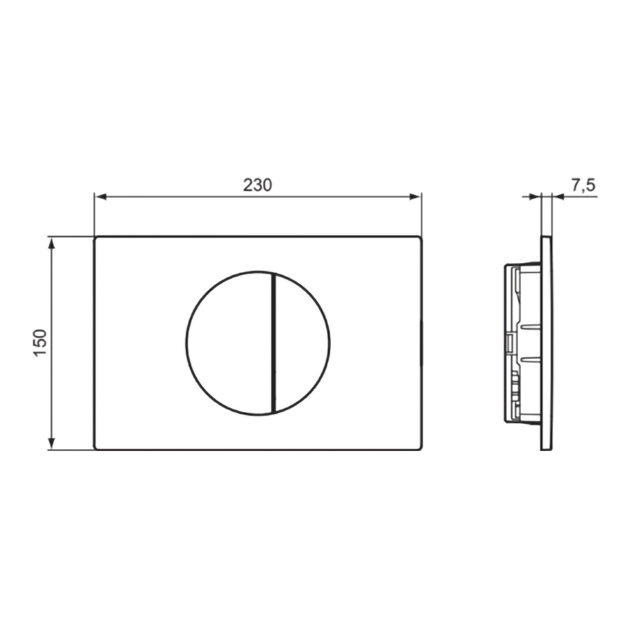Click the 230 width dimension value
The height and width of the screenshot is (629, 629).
click(x=257, y=185)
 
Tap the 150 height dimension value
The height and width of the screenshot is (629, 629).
click(x=40, y=343)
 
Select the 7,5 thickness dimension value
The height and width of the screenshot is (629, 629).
click(x=583, y=186)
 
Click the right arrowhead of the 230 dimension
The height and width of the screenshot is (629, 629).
click(x=415, y=196)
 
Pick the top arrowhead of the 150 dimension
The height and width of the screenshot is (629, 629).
click(x=51, y=243)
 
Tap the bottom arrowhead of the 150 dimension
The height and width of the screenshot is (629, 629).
click(x=51, y=443)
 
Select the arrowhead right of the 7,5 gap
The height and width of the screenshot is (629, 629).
click(x=558, y=196)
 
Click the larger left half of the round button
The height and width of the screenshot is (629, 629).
click(x=229, y=343)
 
